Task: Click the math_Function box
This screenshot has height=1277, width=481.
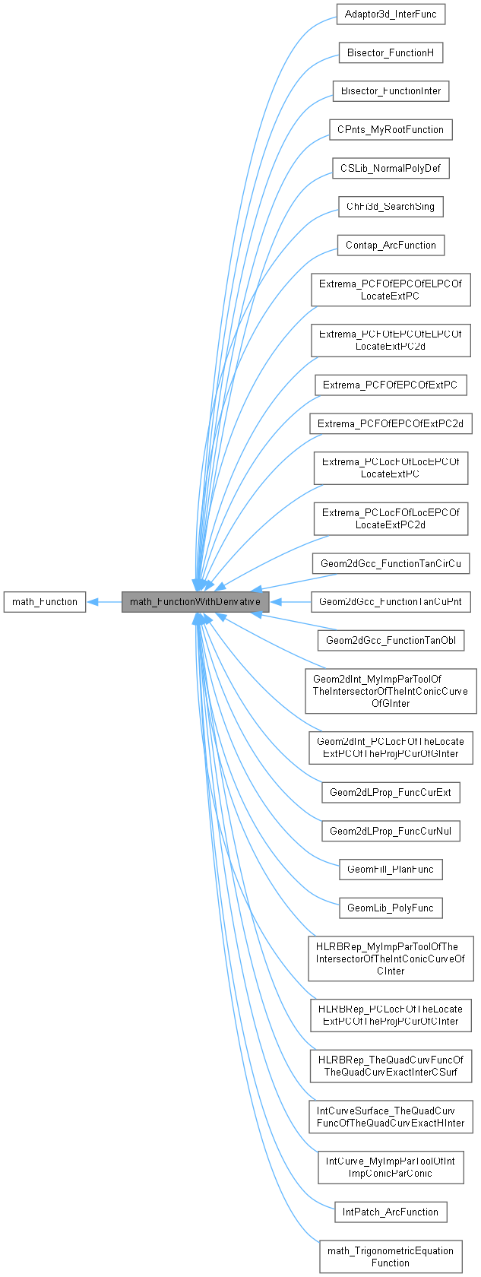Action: click(x=45, y=602)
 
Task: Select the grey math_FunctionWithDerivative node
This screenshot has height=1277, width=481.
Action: click(x=195, y=602)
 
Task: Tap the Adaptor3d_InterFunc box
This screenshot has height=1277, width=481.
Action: click(x=391, y=14)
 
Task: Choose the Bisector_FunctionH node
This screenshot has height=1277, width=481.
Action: click(x=391, y=52)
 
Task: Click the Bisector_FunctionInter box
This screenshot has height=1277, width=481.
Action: click(x=391, y=91)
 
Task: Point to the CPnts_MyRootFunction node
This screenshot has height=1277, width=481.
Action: click(x=391, y=129)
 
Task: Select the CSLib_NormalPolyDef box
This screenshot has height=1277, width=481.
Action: click(x=391, y=168)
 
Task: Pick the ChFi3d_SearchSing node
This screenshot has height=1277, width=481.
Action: click(x=391, y=207)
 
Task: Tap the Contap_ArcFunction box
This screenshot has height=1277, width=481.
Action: click(x=391, y=245)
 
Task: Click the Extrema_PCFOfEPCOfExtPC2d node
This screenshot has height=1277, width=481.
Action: click(x=391, y=423)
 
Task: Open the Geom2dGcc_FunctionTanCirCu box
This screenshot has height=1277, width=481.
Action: click(x=391, y=563)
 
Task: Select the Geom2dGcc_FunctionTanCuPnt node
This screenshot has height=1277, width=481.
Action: click(x=391, y=602)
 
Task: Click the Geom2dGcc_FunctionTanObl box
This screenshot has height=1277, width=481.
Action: click(x=391, y=640)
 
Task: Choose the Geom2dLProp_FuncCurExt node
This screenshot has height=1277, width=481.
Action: click(x=391, y=792)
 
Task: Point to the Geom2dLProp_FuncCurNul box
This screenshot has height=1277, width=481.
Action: click(x=391, y=831)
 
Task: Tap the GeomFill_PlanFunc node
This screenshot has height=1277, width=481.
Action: click(x=391, y=869)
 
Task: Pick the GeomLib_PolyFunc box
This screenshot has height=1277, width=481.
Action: click(x=391, y=908)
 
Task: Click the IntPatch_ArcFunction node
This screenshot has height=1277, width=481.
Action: click(x=391, y=1212)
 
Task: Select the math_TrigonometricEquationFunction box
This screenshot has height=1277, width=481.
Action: click(x=391, y=1256)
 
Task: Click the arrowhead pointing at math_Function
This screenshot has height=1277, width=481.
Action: click(x=93, y=602)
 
